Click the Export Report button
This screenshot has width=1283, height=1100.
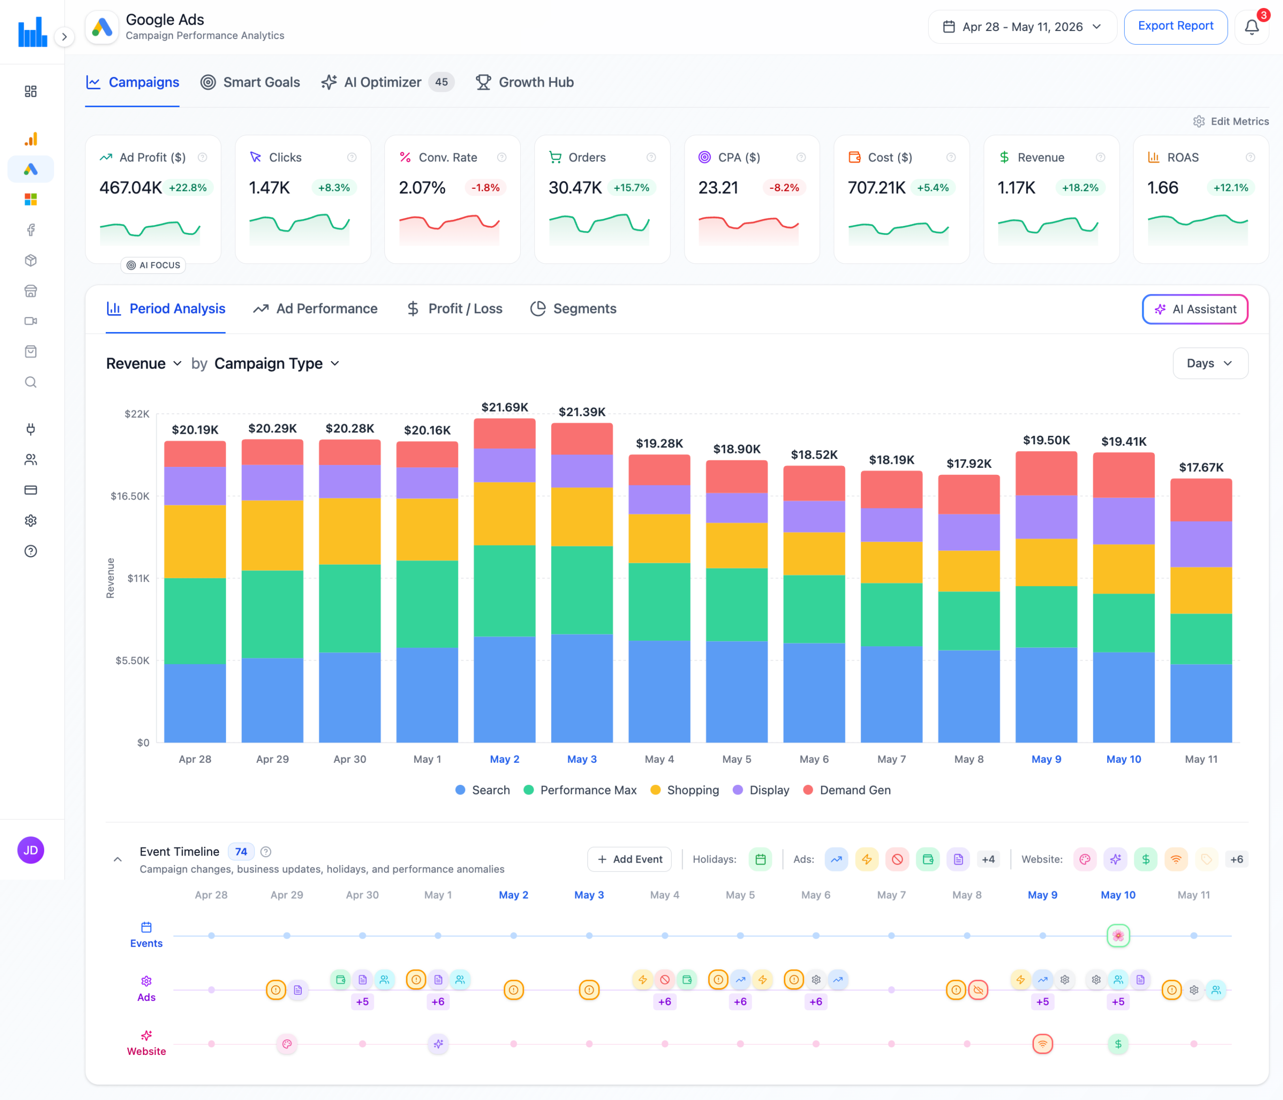pos(1175,27)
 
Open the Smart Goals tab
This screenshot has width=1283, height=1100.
pos(250,82)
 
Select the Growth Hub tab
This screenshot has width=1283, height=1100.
pos(524,82)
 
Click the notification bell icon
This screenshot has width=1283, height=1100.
pos(1251,27)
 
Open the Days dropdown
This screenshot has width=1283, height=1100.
pos(1210,363)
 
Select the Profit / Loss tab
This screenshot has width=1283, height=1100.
pos(455,309)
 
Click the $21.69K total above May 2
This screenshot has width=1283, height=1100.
pos(505,407)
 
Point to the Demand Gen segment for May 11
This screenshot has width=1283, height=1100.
pos(1201,500)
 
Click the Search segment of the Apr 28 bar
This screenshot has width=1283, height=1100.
pos(195,703)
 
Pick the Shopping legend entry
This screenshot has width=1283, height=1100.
pos(685,790)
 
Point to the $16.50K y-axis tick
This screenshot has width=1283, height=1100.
pos(130,496)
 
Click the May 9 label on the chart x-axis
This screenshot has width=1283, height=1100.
pos(1046,759)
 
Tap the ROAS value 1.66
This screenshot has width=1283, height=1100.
pos(1162,187)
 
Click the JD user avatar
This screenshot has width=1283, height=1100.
pos(31,850)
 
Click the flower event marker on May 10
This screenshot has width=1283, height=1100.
pos(1118,935)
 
